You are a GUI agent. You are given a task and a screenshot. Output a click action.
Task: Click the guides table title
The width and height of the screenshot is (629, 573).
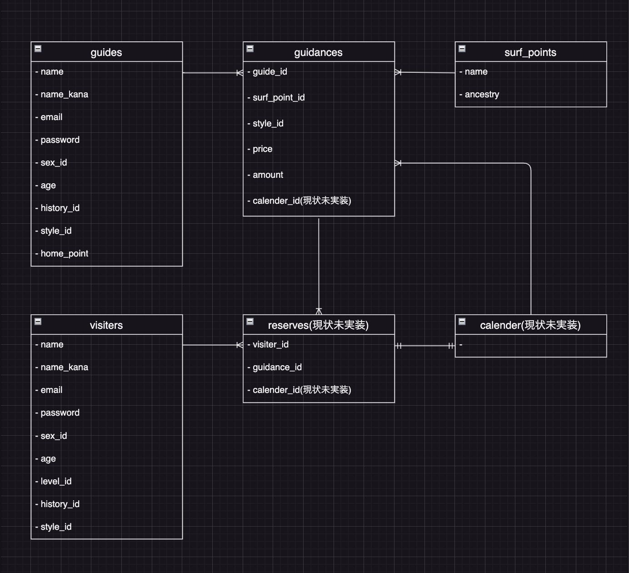[106, 52]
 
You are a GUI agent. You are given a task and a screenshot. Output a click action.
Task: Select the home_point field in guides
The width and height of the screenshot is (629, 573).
[64, 254]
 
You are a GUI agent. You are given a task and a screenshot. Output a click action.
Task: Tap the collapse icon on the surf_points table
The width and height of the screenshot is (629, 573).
[462, 49]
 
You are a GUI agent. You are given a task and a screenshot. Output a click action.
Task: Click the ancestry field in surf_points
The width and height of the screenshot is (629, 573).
[481, 95]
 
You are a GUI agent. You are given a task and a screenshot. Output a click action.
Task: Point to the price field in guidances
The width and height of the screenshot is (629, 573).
[262, 149]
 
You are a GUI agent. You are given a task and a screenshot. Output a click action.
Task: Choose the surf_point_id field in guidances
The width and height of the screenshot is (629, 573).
[278, 98]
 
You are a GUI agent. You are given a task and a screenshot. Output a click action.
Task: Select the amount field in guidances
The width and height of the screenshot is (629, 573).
[268, 175]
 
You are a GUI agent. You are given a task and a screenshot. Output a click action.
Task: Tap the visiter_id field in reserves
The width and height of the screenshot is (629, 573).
[270, 345]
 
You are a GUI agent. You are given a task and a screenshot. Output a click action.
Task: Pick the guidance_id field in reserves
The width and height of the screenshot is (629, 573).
[277, 367]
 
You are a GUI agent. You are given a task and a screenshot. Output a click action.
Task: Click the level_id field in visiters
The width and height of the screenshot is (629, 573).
[56, 482]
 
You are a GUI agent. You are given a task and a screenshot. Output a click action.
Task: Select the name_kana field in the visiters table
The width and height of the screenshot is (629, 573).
[64, 367]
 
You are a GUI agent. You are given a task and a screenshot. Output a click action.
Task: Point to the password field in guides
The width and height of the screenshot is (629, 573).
[60, 140]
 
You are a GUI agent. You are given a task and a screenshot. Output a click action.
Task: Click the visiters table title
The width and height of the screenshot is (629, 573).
[106, 325]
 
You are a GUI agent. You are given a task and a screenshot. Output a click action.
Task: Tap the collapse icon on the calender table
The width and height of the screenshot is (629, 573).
[462, 322]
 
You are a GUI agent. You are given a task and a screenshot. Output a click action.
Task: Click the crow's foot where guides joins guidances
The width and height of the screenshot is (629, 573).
[239, 73]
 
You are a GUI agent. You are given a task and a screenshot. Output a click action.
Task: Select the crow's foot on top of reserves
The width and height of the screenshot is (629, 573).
[319, 311]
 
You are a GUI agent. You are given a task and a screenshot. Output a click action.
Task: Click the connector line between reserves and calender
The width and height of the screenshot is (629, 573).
[425, 346]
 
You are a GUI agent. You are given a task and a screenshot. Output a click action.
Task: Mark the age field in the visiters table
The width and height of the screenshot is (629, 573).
[48, 459]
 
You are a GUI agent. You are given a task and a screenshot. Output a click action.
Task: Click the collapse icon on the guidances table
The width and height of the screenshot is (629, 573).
[250, 49]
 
